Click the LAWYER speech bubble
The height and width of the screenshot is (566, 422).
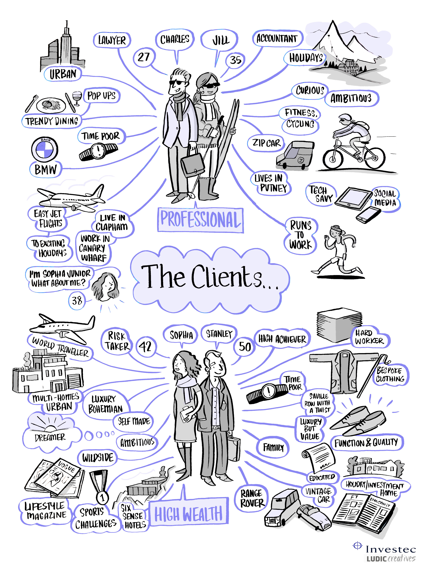112,40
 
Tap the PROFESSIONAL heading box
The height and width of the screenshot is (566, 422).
200,220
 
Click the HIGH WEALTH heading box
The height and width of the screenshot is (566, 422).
189,514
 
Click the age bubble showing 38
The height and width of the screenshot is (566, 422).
77,301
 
